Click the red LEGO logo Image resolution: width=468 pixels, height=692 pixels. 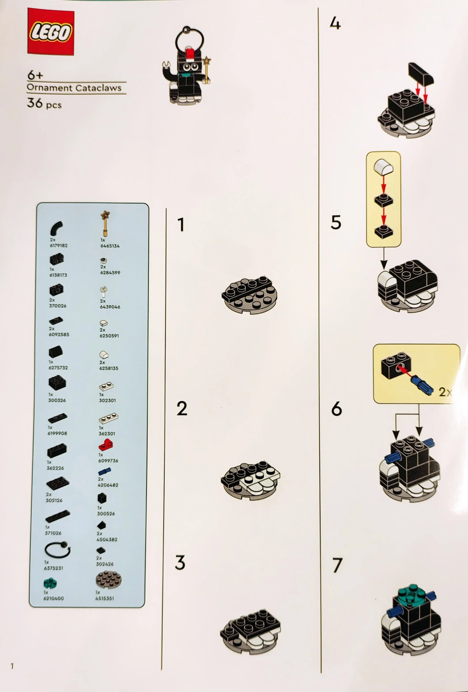51,31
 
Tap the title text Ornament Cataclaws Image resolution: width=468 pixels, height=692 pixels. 74,88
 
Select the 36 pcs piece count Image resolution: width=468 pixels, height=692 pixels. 44,103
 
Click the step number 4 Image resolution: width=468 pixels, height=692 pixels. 335,23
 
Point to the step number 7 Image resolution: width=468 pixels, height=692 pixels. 337,565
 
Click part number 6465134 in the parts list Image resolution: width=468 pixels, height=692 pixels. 110,246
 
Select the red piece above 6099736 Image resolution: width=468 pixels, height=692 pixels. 106,446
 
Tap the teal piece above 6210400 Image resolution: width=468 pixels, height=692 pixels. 50,583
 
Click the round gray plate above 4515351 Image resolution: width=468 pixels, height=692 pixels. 109,580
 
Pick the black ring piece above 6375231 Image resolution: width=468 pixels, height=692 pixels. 57,549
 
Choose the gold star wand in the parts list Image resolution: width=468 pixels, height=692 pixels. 105,223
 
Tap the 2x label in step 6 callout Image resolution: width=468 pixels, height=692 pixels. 444,392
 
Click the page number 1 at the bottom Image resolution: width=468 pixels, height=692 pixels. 12,666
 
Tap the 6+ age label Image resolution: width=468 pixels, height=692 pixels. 35,75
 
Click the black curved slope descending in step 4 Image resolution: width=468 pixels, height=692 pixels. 421,73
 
